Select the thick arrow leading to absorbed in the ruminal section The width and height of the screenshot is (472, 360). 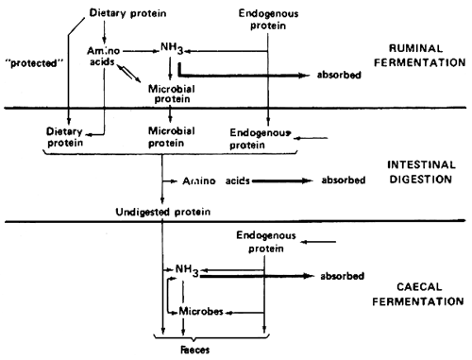point(245,73)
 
